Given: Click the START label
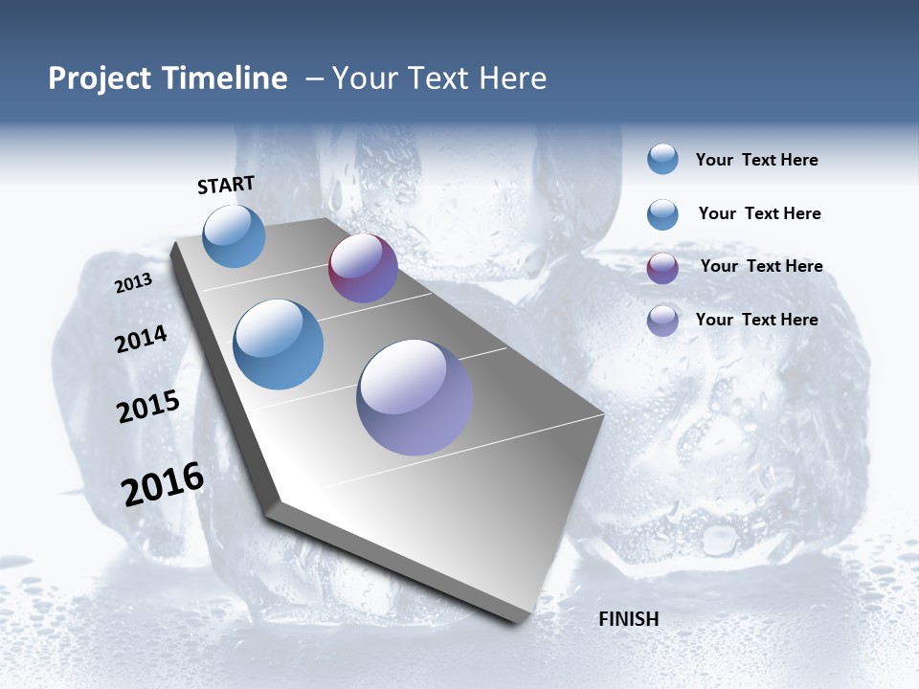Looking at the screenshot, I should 226,185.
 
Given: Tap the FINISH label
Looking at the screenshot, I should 629,619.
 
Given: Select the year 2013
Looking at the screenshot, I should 134,283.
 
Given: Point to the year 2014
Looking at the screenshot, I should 142,340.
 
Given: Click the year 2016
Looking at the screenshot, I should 163,484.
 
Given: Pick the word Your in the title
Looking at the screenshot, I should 364,78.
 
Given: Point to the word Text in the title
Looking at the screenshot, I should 436,78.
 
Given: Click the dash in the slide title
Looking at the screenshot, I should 314,78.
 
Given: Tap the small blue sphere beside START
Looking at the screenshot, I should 235,235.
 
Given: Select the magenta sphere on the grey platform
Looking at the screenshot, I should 363,268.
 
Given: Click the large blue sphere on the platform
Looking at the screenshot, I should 279,344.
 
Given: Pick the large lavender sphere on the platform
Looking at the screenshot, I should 415,397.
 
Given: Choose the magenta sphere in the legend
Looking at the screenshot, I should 662,268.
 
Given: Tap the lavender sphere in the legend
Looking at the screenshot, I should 662,321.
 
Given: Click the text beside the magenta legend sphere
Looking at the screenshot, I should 761,266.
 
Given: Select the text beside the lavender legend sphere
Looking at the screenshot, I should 756,320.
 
